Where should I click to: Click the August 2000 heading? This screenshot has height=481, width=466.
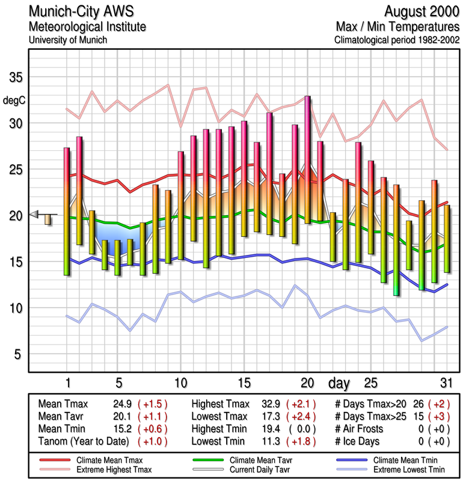click(422, 11)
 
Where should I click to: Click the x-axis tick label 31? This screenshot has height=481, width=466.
click(446, 383)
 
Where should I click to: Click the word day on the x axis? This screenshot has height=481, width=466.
click(340, 383)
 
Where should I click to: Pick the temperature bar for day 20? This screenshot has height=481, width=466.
click(307, 159)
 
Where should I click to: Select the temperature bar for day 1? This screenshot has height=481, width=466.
click(67, 211)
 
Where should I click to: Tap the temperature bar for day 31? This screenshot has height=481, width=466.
click(447, 239)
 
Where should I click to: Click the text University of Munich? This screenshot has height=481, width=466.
click(68, 40)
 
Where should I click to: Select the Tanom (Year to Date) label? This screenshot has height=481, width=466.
click(84, 442)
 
